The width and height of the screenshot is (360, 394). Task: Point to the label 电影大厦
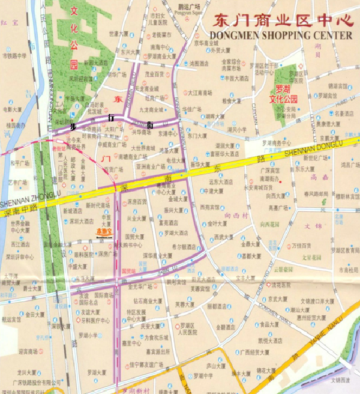(x=12, y=110)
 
